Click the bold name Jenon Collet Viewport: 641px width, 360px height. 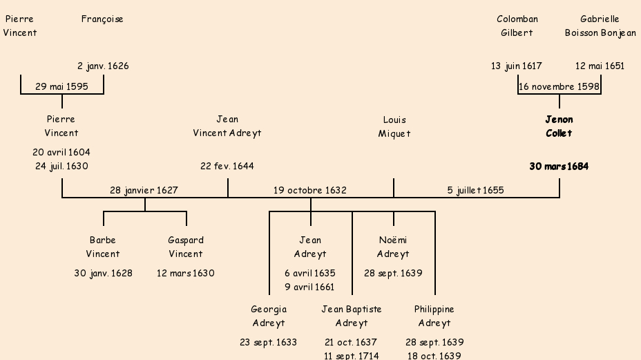pyautogui.click(x=559, y=126)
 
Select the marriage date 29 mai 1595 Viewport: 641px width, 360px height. pyautogui.click(x=61, y=86)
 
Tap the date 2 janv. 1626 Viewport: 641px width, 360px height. pyautogui.click(x=103, y=66)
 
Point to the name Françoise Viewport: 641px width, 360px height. pyautogui.click(x=102, y=19)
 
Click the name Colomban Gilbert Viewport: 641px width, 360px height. pyautogui.click(x=517, y=26)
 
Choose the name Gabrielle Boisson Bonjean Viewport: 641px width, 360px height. pyautogui.click(x=600, y=26)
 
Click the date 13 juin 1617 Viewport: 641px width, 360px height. pyautogui.click(x=517, y=66)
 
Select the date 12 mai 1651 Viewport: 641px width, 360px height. pyautogui.click(x=600, y=66)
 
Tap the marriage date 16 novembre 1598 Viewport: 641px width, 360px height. pyautogui.click(x=559, y=86)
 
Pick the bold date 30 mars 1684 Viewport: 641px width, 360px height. pyautogui.click(x=559, y=167)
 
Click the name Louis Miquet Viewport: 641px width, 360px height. pyautogui.click(x=394, y=126)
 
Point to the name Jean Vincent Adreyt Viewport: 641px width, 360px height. pyautogui.click(x=227, y=126)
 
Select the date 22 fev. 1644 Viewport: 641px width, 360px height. pyautogui.click(x=227, y=167)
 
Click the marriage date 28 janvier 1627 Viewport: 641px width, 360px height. pyautogui.click(x=144, y=190)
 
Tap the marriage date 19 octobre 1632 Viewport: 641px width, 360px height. pyautogui.click(x=310, y=190)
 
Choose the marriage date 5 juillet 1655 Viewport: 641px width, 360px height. pyautogui.click(x=476, y=190)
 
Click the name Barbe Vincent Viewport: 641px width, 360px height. pyautogui.click(x=103, y=247)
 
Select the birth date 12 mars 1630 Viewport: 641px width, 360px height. pyautogui.click(x=186, y=273)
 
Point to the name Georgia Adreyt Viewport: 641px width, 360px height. pyautogui.click(x=269, y=316)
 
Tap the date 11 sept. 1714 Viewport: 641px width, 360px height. pyautogui.click(x=352, y=356)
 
